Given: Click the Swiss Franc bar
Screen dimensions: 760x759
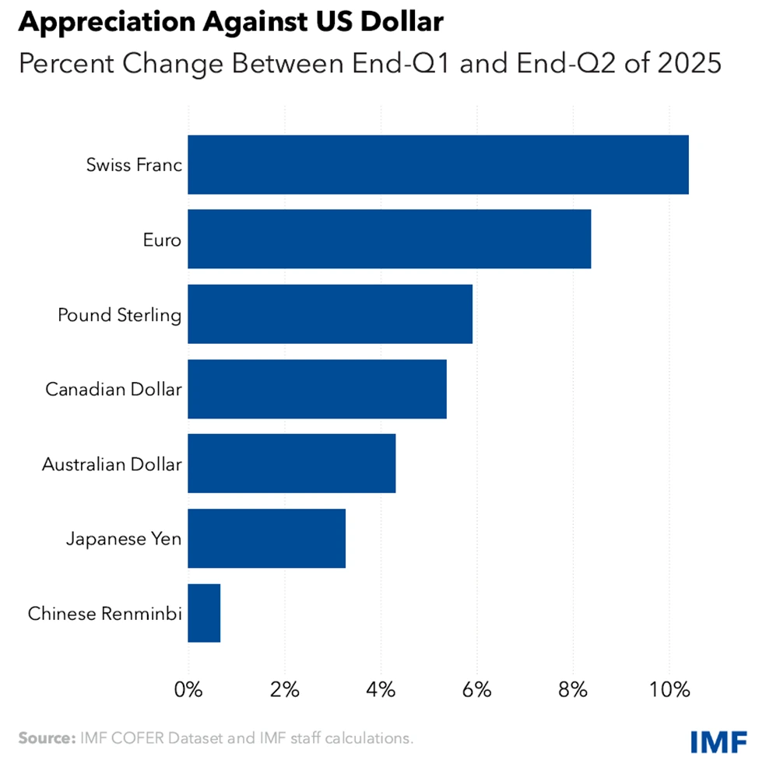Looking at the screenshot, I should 437,165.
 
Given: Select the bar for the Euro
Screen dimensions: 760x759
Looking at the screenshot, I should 389,240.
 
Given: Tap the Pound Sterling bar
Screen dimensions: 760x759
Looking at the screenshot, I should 330,314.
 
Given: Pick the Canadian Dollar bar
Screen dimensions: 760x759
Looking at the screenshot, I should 317,389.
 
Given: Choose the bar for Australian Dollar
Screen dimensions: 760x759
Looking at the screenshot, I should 292,464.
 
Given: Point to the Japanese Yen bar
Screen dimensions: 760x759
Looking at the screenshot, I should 266,538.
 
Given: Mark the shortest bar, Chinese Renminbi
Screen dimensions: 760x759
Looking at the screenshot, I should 204,613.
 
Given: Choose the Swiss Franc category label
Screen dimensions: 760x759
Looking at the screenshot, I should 134,166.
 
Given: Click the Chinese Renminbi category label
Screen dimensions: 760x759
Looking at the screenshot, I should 105,614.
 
